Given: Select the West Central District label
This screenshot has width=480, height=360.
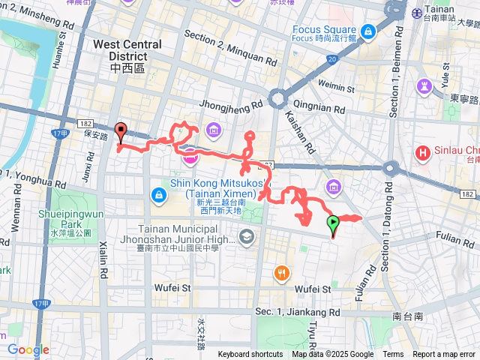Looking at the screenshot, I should pyautogui.click(x=127, y=49).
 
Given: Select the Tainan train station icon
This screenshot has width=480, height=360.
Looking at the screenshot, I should pyautogui.click(x=417, y=12).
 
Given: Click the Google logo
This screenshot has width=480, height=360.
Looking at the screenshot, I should pyautogui.click(x=28, y=349).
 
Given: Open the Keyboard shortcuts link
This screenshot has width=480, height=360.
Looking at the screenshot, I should pyautogui.click(x=250, y=355).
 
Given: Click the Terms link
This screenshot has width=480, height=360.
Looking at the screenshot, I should pyautogui.click(x=393, y=355).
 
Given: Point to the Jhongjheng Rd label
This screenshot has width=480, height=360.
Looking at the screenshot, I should pyautogui.click(x=232, y=106).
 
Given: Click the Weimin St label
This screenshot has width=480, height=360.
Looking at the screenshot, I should pyautogui.click(x=334, y=85).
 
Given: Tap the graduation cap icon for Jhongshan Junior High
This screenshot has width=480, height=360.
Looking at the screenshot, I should pyautogui.click(x=245, y=238).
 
